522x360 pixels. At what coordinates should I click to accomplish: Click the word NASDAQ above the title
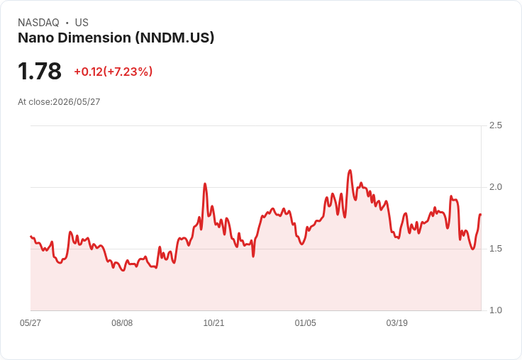click(x=38, y=23)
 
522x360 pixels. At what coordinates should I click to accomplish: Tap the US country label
click(x=82, y=23)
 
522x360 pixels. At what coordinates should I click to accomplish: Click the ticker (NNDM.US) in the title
click(x=174, y=38)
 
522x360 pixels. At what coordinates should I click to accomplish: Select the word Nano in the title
click(x=36, y=38)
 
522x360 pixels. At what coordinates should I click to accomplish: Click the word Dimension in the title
click(x=94, y=38)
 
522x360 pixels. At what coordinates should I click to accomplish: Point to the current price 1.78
click(x=40, y=71)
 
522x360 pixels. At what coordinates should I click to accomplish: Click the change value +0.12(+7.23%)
click(x=113, y=72)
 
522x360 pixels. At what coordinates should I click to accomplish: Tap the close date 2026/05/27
click(x=76, y=102)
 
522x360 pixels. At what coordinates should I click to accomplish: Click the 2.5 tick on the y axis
click(x=495, y=125)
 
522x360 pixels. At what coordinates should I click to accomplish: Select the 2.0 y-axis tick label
click(x=495, y=187)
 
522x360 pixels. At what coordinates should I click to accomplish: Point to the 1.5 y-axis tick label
click(x=495, y=249)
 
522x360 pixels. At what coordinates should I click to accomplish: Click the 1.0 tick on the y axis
click(x=495, y=310)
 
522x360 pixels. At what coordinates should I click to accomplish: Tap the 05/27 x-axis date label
click(x=30, y=322)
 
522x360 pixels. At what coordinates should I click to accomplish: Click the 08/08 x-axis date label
click(x=122, y=322)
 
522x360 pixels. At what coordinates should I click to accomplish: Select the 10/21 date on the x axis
click(x=213, y=322)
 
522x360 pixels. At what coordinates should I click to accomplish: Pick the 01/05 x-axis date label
click(x=305, y=322)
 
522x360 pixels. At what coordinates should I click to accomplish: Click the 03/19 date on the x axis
click(x=397, y=322)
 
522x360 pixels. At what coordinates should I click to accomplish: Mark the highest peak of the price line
click(x=350, y=171)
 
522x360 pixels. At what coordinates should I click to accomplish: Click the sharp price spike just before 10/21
click(x=205, y=184)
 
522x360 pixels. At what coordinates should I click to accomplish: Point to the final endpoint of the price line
click(x=480, y=215)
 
